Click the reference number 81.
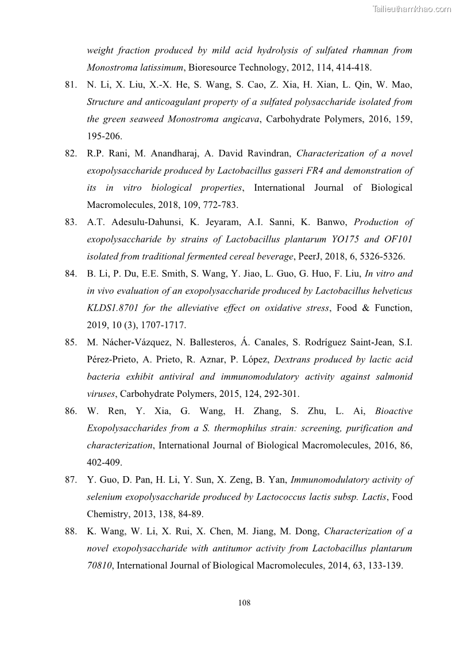tap(71, 85)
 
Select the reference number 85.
tap(71, 342)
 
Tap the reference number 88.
tap(71, 531)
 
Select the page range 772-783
tap(221, 205)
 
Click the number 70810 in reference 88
tap(99, 566)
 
